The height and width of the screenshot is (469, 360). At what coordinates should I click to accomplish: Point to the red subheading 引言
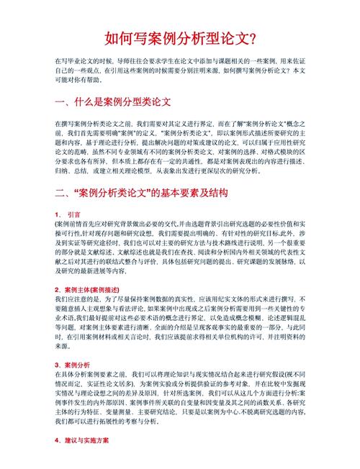point(74,214)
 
